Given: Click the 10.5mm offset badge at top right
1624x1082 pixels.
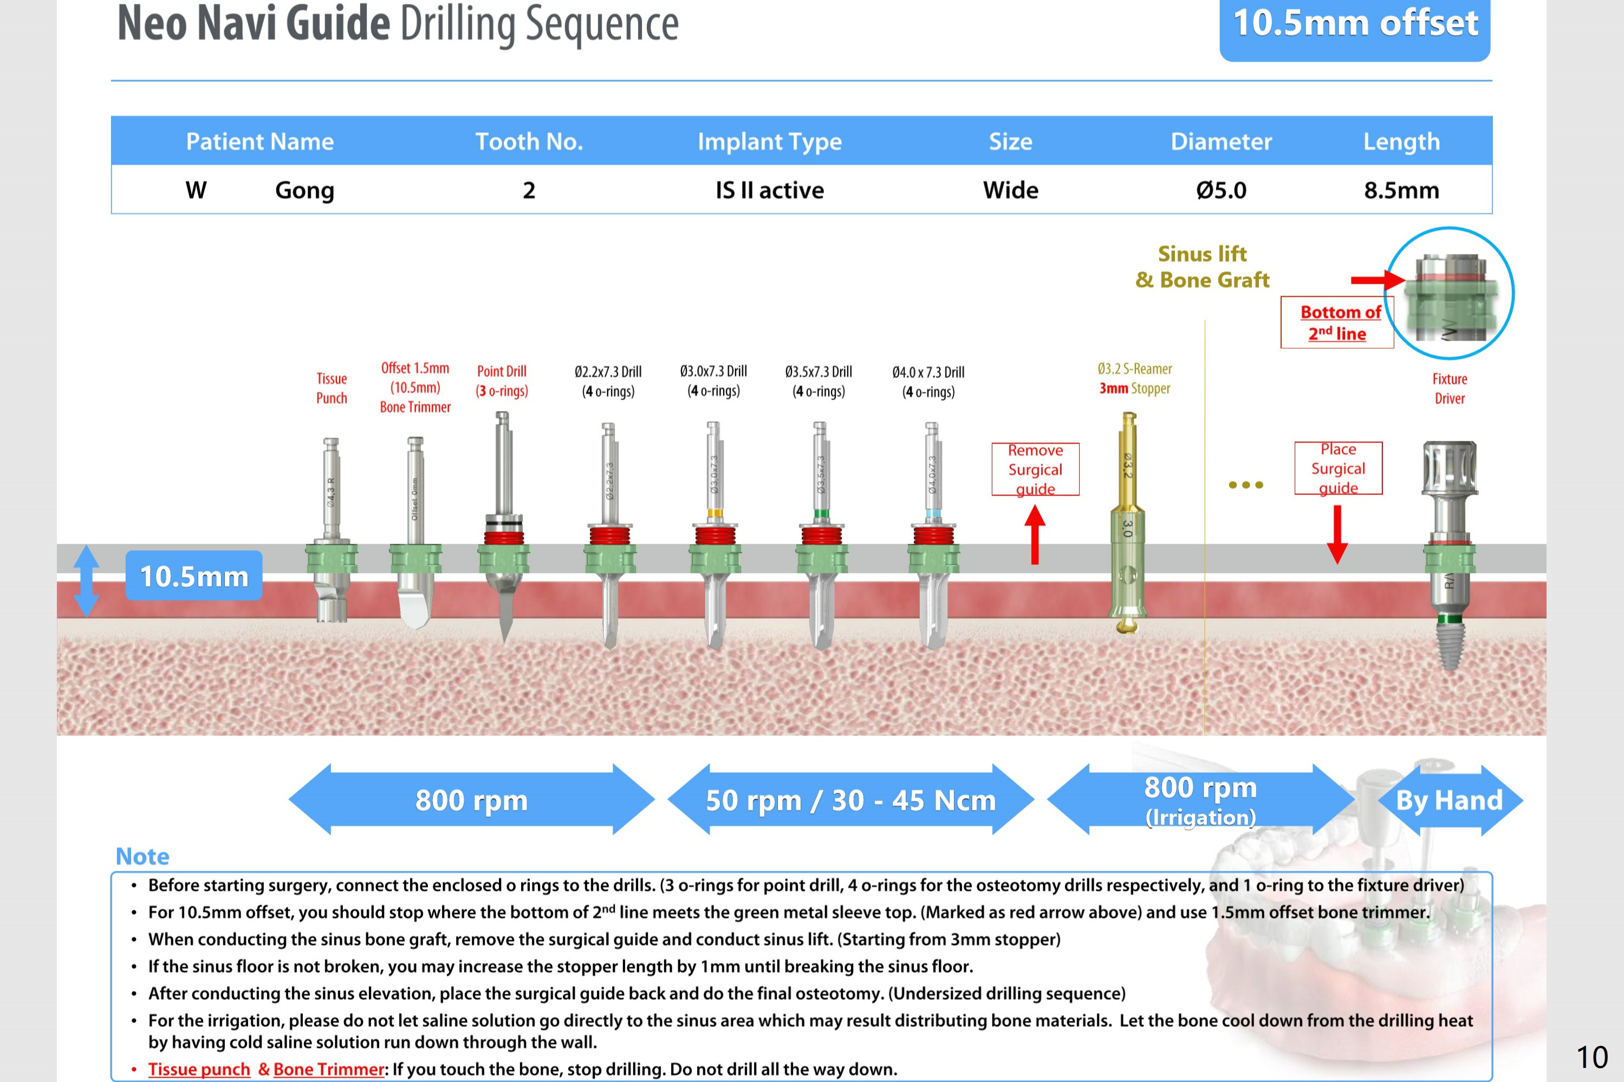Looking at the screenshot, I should coord(1354,25).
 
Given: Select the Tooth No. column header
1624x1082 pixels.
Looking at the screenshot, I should coord(529,141).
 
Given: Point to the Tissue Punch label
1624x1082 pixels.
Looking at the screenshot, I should coord(332,388).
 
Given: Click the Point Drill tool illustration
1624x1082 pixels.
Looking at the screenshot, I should coord(503,524).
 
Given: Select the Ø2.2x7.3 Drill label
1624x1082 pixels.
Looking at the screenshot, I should coord(608,381).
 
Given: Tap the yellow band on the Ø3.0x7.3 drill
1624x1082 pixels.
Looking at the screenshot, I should coord(715,513).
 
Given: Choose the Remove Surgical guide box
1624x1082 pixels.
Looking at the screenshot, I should coord(1035,469).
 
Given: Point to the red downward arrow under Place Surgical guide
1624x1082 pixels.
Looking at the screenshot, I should coord(1337,534).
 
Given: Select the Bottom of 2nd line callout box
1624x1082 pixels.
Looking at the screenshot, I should coord(1337,322).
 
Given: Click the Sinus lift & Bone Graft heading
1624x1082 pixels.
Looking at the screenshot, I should coord(1203,266).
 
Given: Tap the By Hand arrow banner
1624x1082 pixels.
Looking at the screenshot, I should coord(1450,800).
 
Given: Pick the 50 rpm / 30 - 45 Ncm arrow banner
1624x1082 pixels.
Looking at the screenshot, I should coord(850,800).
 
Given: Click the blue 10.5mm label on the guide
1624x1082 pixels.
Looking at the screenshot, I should coord(194,576).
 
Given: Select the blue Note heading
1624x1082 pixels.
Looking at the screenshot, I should coord(142,856).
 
